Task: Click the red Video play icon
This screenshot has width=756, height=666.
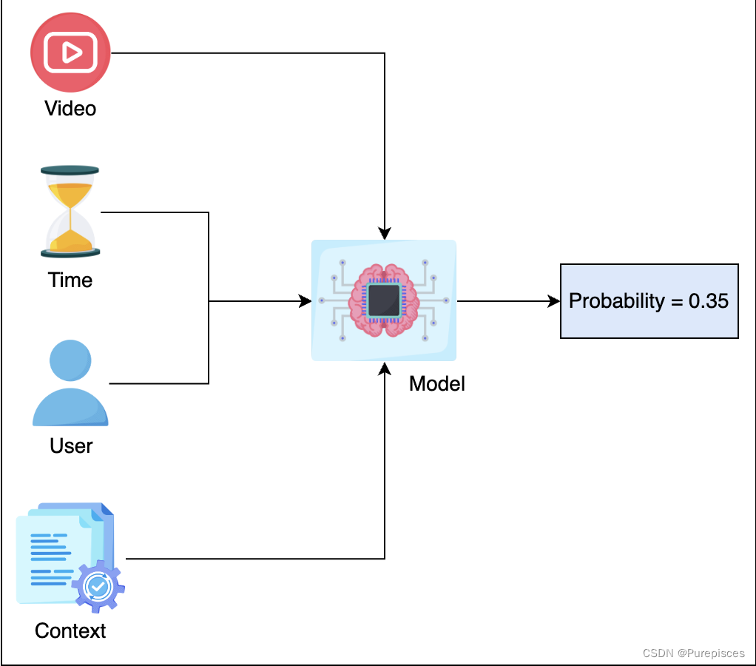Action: point(70,53)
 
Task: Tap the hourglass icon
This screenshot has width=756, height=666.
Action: point(70,212)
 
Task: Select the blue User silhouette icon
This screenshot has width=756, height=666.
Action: point(70,383)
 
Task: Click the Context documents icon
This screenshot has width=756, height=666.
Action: point(68,556)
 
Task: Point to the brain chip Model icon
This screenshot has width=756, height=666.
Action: point(384,300)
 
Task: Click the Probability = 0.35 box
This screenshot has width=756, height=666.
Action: point(649,301)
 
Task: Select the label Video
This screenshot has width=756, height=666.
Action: point(70,109)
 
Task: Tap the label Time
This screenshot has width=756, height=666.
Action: point(70,280)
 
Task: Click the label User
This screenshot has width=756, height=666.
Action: point(71,445)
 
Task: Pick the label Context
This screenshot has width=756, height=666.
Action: point(70,631)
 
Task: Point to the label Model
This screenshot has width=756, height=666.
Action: point(436,383)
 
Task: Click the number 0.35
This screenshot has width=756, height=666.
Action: point(709,301)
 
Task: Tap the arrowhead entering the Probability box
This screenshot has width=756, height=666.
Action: point(554,301)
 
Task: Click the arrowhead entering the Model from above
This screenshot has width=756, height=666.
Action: point(385,234)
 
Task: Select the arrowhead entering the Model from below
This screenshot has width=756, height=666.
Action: point(385,368)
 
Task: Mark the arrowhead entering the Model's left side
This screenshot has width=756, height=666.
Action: point(305,301)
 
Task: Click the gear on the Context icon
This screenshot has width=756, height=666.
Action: point(98,586)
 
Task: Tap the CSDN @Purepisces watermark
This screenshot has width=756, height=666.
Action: point(693,653)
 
